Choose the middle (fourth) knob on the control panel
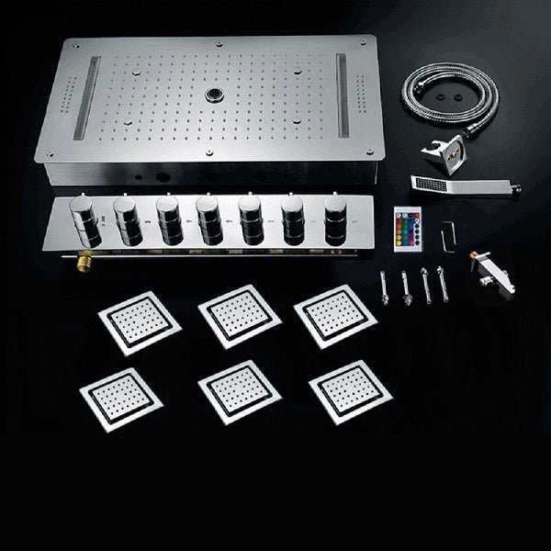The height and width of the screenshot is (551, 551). tap(207, 220)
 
